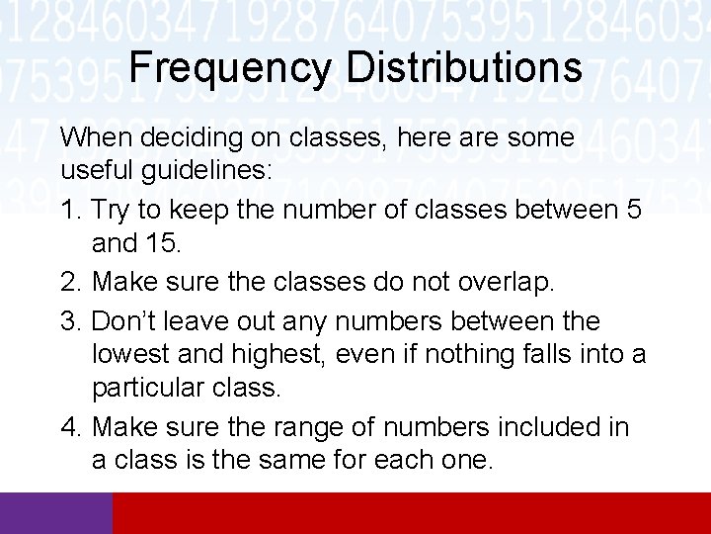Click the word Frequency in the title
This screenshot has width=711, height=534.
231,68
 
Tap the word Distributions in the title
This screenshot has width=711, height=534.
464,68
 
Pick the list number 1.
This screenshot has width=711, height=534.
70,211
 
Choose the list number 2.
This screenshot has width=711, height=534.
70,282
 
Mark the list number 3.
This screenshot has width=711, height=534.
70,321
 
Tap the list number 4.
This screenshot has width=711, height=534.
70,426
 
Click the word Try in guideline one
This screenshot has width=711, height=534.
112,211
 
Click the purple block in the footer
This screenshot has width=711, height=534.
56,513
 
